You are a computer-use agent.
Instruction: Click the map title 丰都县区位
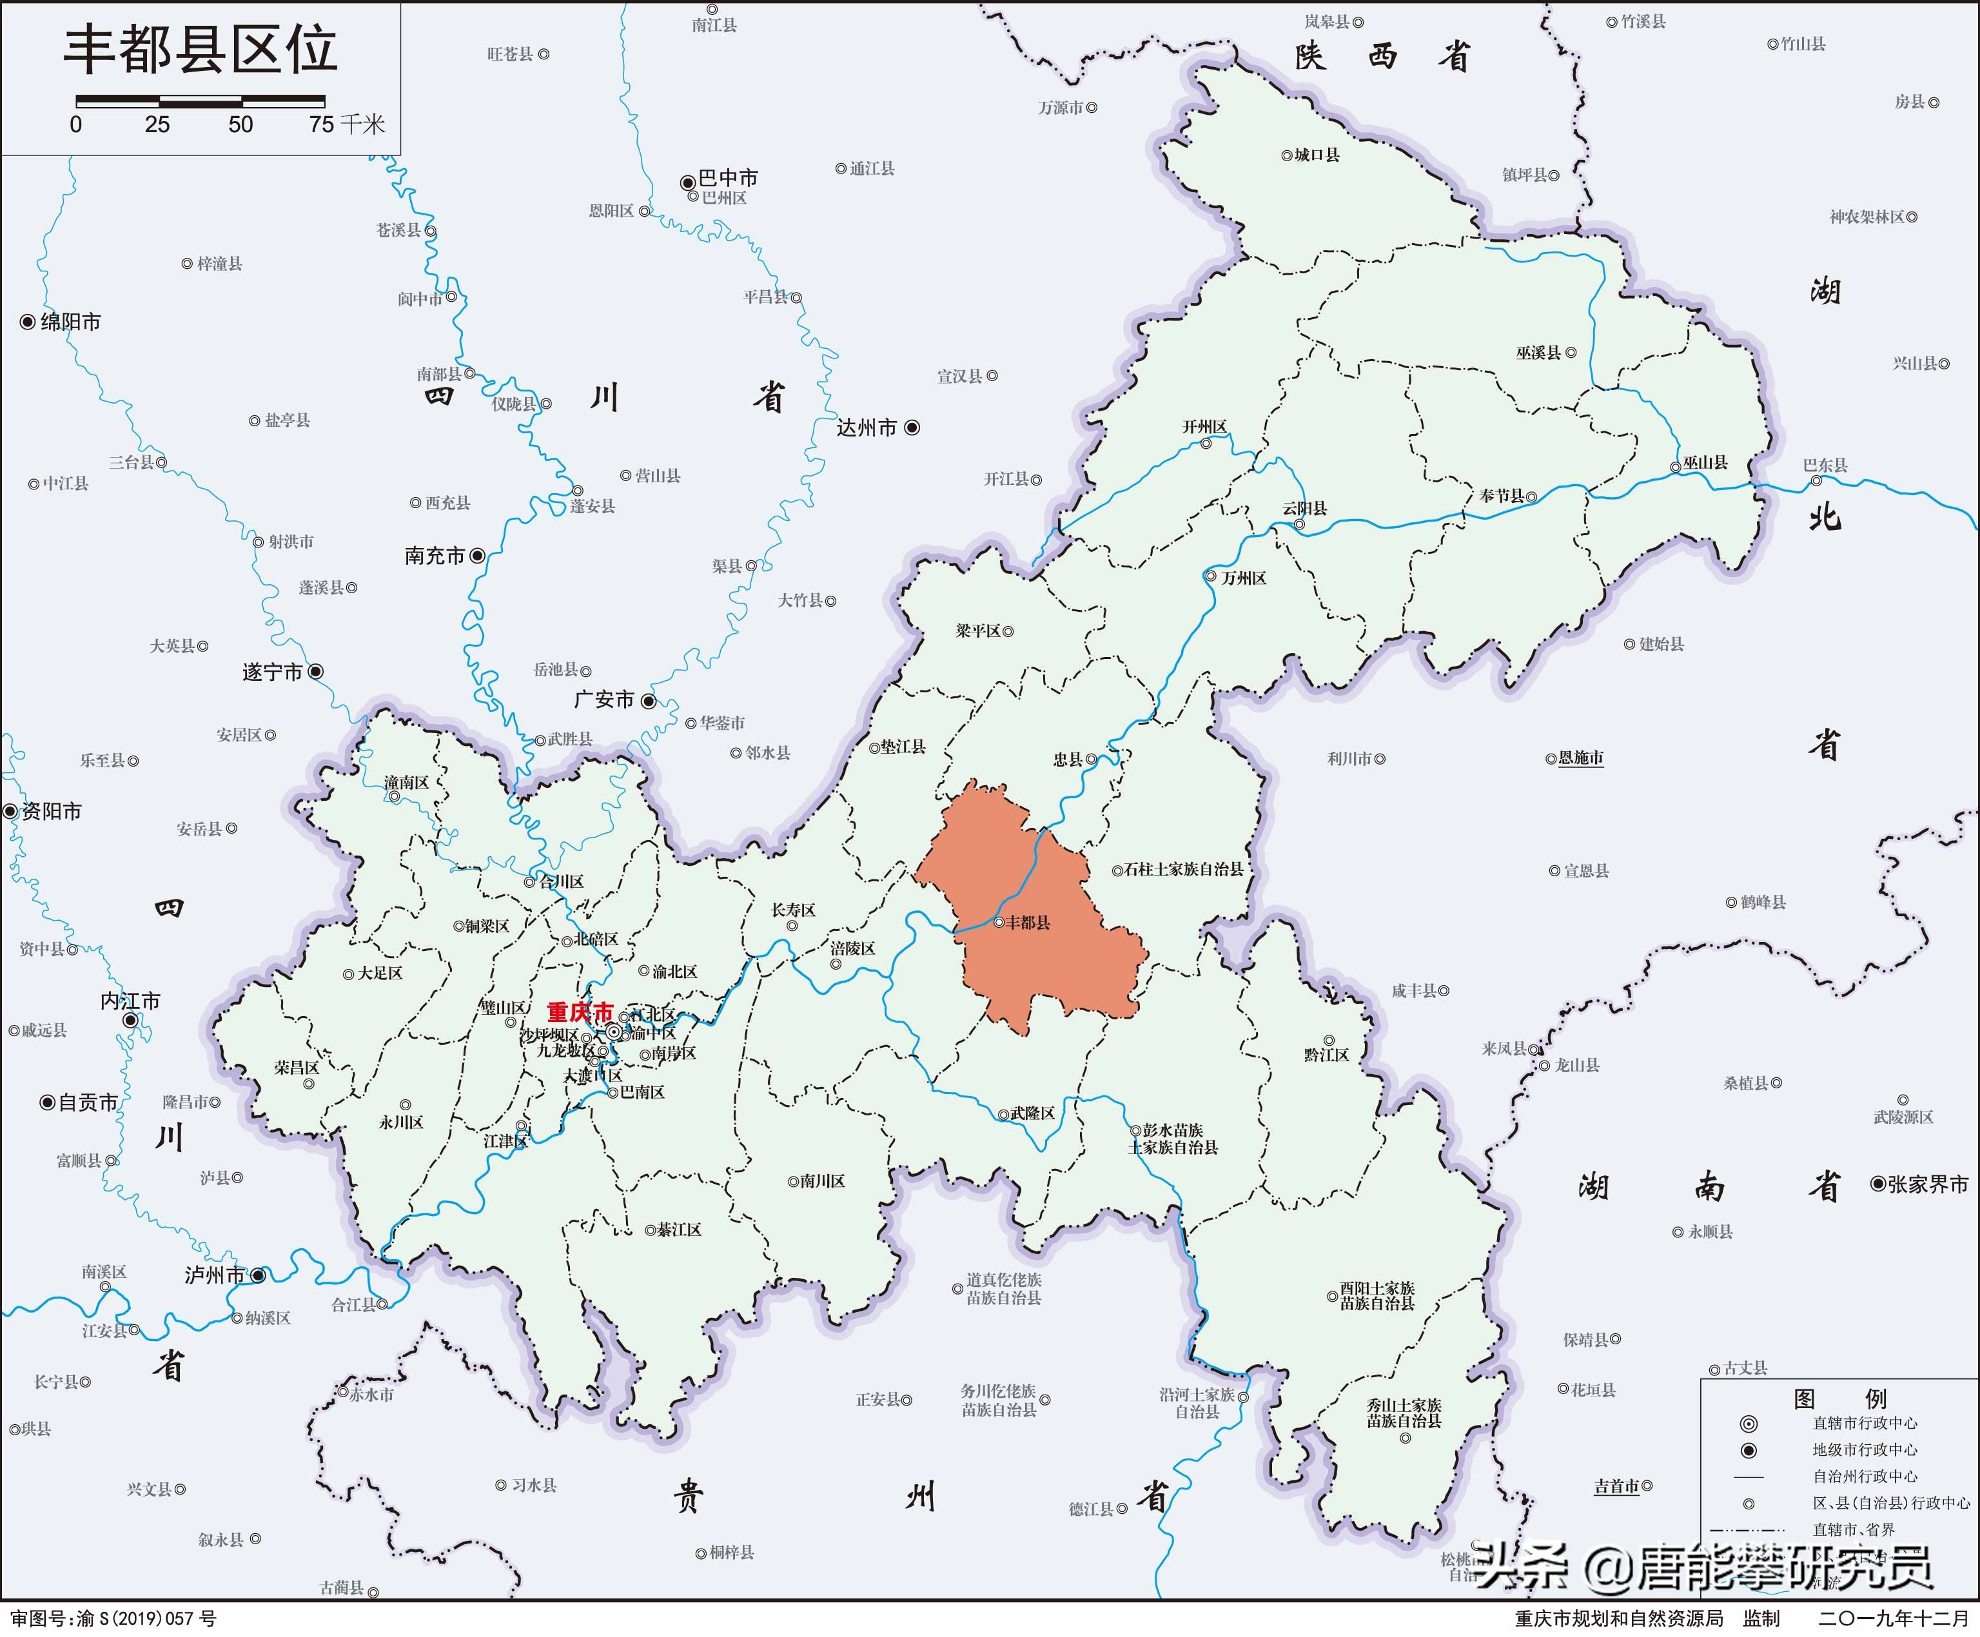[200, 51]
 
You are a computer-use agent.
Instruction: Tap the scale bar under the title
[200, 100]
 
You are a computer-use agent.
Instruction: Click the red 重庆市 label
[580, 1013]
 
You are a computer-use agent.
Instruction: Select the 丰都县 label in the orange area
[1028, 922]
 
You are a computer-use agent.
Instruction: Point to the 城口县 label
[1316, 155]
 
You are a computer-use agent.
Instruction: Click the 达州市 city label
[867, 428]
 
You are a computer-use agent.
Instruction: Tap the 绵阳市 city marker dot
[27, 322]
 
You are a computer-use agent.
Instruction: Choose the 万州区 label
[1244, 578]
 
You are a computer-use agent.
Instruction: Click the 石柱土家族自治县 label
[1184, 869]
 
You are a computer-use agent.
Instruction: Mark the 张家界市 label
[1927, 1184]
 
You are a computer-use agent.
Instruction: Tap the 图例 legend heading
[1839, 1399]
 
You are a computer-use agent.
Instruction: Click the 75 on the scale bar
[322, 124]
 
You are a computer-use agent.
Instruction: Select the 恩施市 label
[1581, 758]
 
